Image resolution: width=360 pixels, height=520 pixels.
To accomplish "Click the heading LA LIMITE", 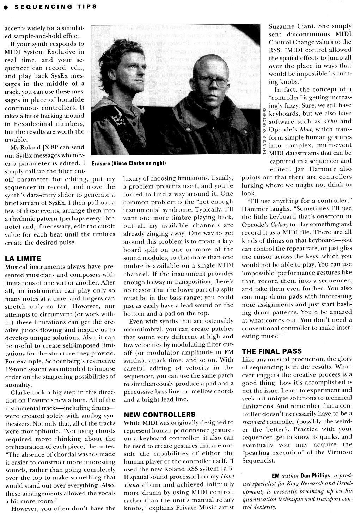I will (x=23, y=258).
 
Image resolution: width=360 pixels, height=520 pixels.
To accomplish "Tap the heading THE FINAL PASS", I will (x=271, y=351).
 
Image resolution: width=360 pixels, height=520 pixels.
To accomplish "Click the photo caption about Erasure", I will (x=129, y=164).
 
